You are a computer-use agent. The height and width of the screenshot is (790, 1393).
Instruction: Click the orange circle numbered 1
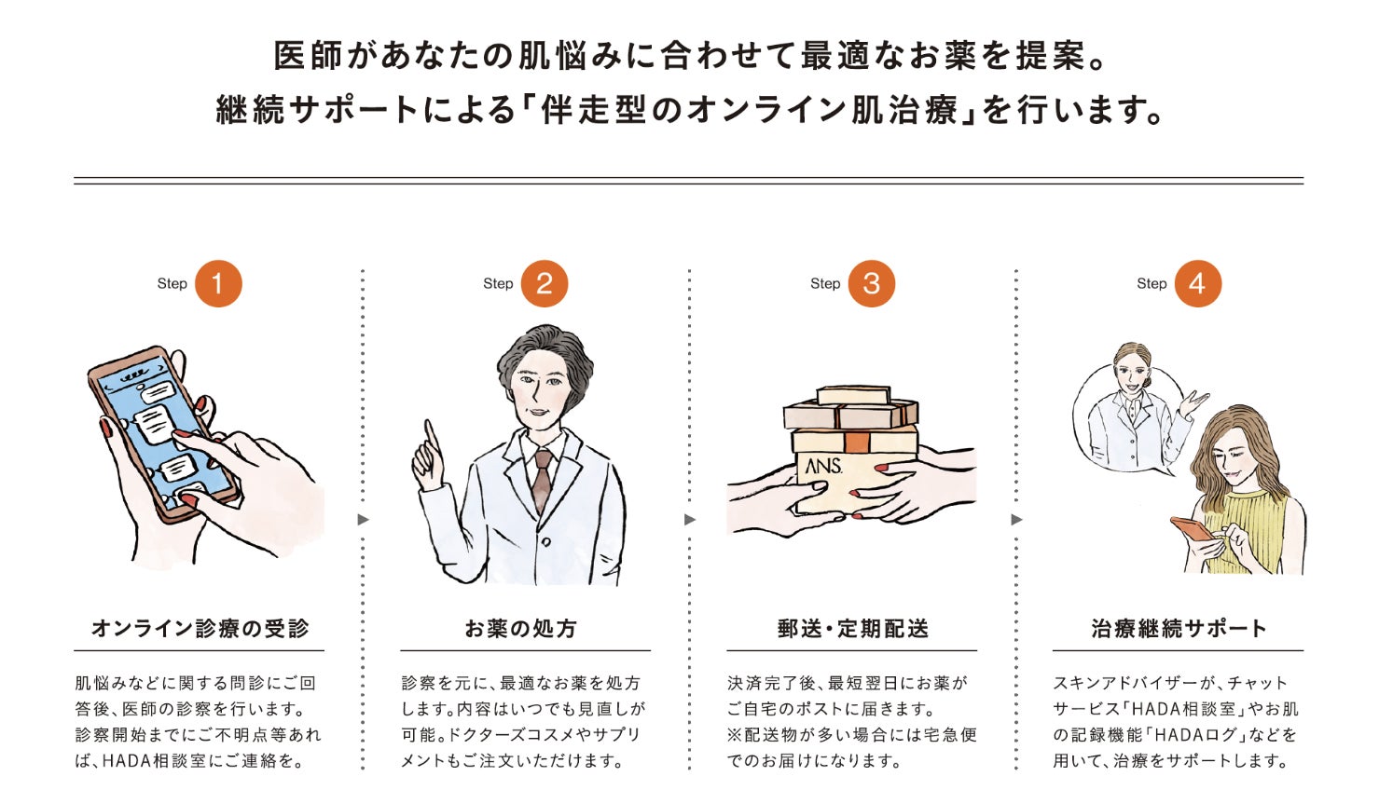(218, 284)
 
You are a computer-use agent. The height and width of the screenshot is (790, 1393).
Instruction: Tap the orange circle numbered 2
(545, 284)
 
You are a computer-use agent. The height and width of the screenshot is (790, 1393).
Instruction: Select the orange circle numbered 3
(872, 284)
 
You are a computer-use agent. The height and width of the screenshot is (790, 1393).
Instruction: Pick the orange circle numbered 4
(1198, 284)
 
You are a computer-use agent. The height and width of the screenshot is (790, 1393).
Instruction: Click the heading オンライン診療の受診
(200, 629)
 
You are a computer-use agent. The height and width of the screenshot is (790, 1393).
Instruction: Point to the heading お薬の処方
(521, 629)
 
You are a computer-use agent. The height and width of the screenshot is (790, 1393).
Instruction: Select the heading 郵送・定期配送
(853, 629)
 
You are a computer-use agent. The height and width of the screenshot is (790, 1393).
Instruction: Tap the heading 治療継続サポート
(1179, 629)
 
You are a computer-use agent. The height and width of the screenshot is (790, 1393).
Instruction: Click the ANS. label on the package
(823, 466)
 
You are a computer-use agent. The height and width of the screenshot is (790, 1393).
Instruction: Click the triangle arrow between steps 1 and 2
(363, 520)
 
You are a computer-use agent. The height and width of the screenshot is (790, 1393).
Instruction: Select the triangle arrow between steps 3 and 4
(1016, 520)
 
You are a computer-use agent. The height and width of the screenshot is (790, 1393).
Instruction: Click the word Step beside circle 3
(825, 284)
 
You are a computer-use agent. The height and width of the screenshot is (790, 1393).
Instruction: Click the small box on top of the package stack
(853, 395)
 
